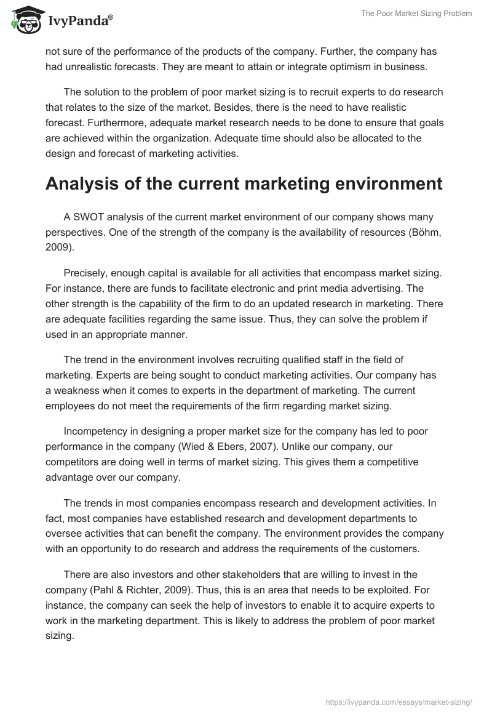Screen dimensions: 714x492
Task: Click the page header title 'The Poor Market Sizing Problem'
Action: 418,14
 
